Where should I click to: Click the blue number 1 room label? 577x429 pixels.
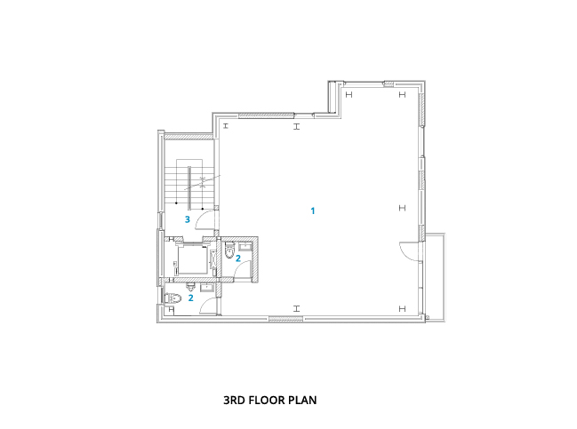click(x=313, y=211)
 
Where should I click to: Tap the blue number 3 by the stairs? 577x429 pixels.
click(x=188, y=219)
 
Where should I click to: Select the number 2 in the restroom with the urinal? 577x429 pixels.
click(x=190, y=298)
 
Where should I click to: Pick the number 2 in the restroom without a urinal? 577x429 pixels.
click(x=238, y=258)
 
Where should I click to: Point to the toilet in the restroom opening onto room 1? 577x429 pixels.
click(x=229, y=250)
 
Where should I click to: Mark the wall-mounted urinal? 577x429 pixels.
click(x=190, y=286)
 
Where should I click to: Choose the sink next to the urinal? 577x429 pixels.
click(x=207, y=287)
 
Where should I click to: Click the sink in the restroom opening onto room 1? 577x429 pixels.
click(x=245, y=246)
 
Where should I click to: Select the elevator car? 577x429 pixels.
click(x=192, y=259)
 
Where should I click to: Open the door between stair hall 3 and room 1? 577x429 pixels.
click(x=206, y=219)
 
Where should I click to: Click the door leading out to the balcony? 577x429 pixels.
click(x=410, y=252)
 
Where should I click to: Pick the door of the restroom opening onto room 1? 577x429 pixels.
click(x=243, y=268)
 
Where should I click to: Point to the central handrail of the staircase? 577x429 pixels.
click(x=189, y=187)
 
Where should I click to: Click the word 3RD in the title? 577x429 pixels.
click(x=234, y=400)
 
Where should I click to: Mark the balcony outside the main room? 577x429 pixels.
click(x=436, y=277)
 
